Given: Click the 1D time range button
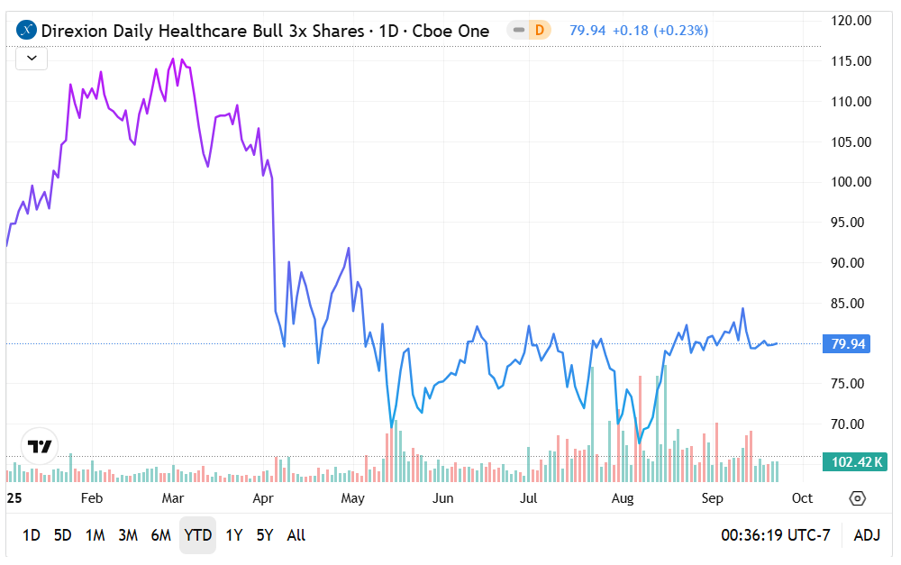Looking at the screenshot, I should tap(31, 535).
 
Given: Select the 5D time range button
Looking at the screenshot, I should tap(62, 535).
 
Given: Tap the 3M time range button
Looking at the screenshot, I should tap(128, 535).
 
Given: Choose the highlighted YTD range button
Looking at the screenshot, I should tap(197, 535).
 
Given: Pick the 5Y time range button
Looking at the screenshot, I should tap(264, 535).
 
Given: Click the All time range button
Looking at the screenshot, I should tap(296, 535).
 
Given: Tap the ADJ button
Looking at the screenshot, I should tap(866, 535).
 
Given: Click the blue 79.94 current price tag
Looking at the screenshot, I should tap(849, 343).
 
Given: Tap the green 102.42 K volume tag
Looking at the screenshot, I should tap(854, 462).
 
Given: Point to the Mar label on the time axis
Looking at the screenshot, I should tap(172, 498).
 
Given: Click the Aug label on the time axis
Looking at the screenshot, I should tap(623, 498).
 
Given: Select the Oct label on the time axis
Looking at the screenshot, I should tap(802, 498).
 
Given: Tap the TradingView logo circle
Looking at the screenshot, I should tap(40, 446).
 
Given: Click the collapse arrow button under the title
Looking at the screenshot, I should tap(32, 59).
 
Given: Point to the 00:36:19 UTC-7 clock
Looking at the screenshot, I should tap(776, 535).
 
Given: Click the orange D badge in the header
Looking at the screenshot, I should tap(540, 31).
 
